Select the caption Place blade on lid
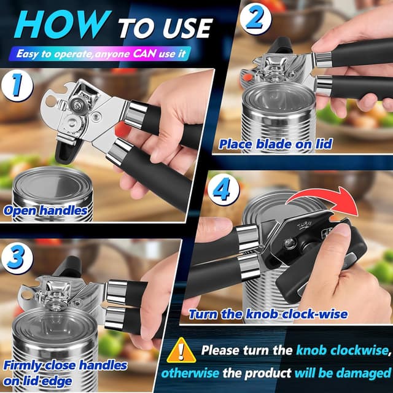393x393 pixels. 276,145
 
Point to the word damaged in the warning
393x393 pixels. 359,372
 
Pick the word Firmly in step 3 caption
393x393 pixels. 24,365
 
